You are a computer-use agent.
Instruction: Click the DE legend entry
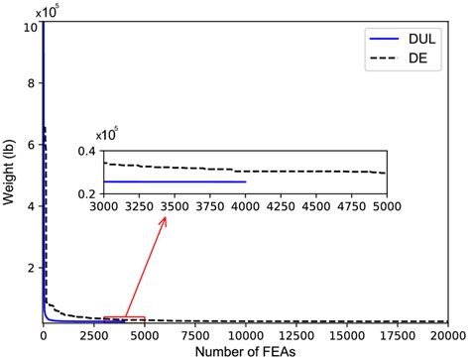(399, 60)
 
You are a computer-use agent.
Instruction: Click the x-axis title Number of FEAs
(244, 351)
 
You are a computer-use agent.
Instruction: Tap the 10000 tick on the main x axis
(245, 334)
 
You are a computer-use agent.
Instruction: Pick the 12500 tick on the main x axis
(295, 334)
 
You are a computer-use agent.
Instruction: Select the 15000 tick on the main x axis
(346, 334)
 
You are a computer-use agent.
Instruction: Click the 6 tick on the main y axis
(32, 145)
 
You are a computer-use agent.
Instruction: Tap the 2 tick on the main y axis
(32, 267)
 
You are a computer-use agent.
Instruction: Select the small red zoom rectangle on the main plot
(124, 319)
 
